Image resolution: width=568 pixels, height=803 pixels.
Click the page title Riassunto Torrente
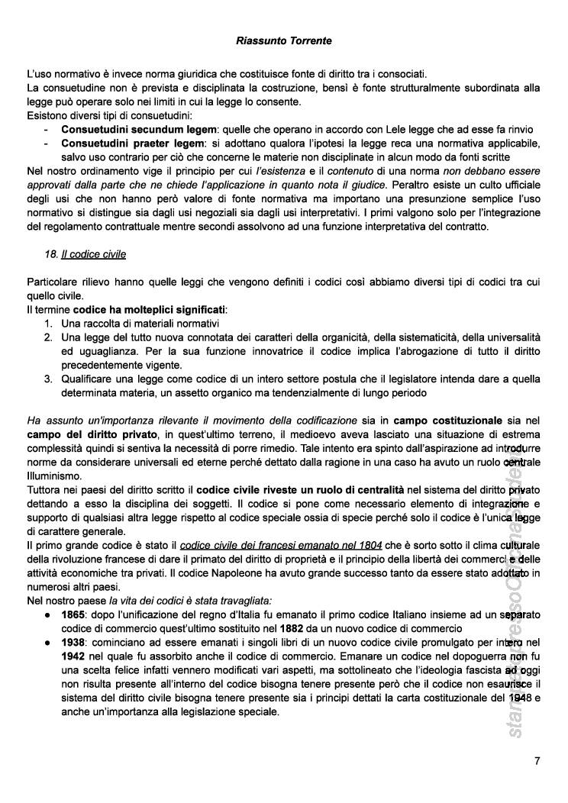[284, 40]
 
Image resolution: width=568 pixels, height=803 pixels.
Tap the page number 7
[537, 760]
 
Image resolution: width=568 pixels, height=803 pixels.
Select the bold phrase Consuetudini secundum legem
[140, 130]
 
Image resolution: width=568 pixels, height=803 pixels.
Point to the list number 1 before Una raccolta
[47, 323]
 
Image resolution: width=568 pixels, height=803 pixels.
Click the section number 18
[51, 253]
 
